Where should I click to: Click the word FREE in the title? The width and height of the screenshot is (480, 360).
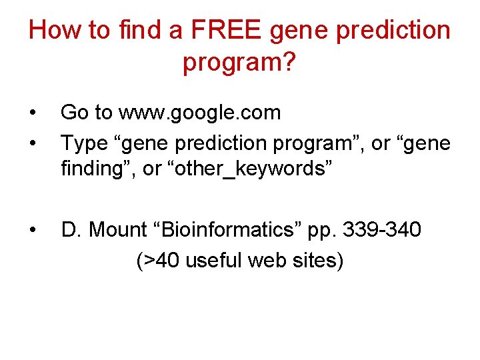[x=215, y=31]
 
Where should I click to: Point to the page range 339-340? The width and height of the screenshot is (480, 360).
[x=381, y=230]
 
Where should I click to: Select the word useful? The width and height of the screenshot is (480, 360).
[x=214, y=261]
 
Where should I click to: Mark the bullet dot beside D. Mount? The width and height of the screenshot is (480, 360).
[x=33, y=231]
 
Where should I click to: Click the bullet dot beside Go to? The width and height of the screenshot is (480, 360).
[x=33, y=113]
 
